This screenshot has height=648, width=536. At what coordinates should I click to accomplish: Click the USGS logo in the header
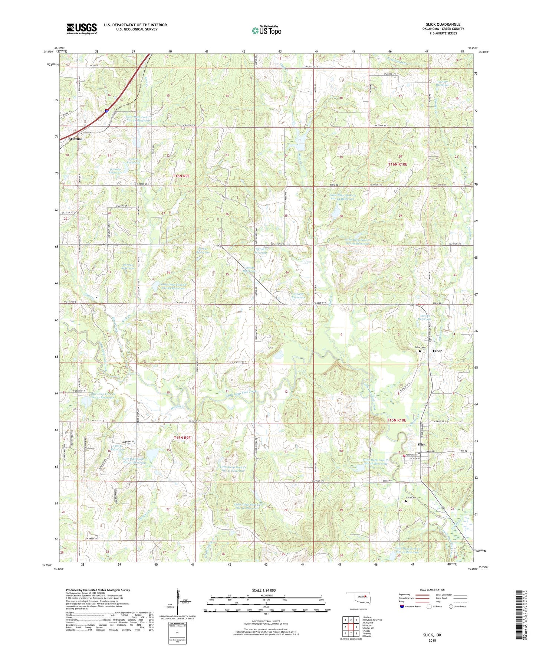click(x=81, y=29)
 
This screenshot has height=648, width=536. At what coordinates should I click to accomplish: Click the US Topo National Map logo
click(x=266, y=30)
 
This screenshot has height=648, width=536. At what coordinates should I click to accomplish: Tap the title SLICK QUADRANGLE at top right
click(x=443, y=24)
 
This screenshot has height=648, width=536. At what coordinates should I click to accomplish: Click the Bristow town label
click(x=75, y=139)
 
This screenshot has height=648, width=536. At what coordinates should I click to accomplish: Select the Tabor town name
click(x=437, y=351)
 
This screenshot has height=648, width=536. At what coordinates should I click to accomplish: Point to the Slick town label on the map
click(x=421, y=444)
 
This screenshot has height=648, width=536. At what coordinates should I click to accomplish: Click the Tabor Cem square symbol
click(x=420, y=351)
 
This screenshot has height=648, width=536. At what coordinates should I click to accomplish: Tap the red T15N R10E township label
click(x=397, y=420)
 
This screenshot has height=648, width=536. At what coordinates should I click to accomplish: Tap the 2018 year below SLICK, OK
click(x=432, y=640)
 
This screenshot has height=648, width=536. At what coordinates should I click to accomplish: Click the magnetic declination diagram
click(x=179, y=605)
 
